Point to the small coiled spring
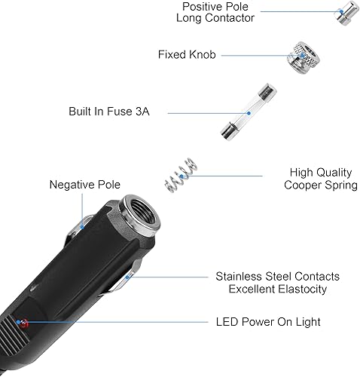coord(181,175)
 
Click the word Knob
coord(203,54)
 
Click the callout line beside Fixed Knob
coord(256,54)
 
